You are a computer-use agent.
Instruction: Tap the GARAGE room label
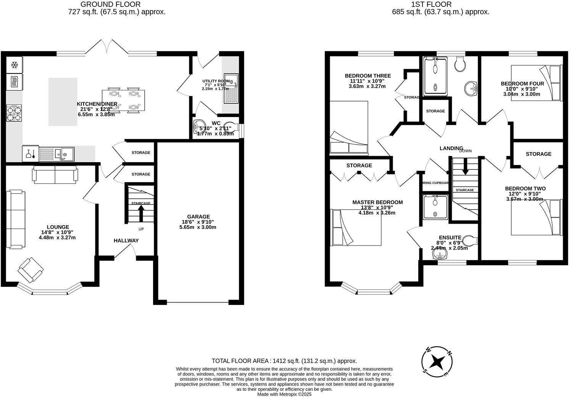coord(198,216)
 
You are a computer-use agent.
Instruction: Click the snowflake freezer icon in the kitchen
coord(15,65)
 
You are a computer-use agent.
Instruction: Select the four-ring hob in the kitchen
coord(14,113)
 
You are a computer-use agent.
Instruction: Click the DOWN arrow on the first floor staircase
coord(465,166)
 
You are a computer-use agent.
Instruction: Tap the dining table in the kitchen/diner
coord(123,100)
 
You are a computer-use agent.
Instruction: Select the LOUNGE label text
coord(58,227)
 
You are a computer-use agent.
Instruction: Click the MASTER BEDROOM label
coord(377,202)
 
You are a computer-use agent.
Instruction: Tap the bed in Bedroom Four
coord(536,83)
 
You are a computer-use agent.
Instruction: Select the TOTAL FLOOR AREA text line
coord(284,361)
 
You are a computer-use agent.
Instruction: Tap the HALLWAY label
coord(126,240)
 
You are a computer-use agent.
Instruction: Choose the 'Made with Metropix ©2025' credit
coord(284,394)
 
